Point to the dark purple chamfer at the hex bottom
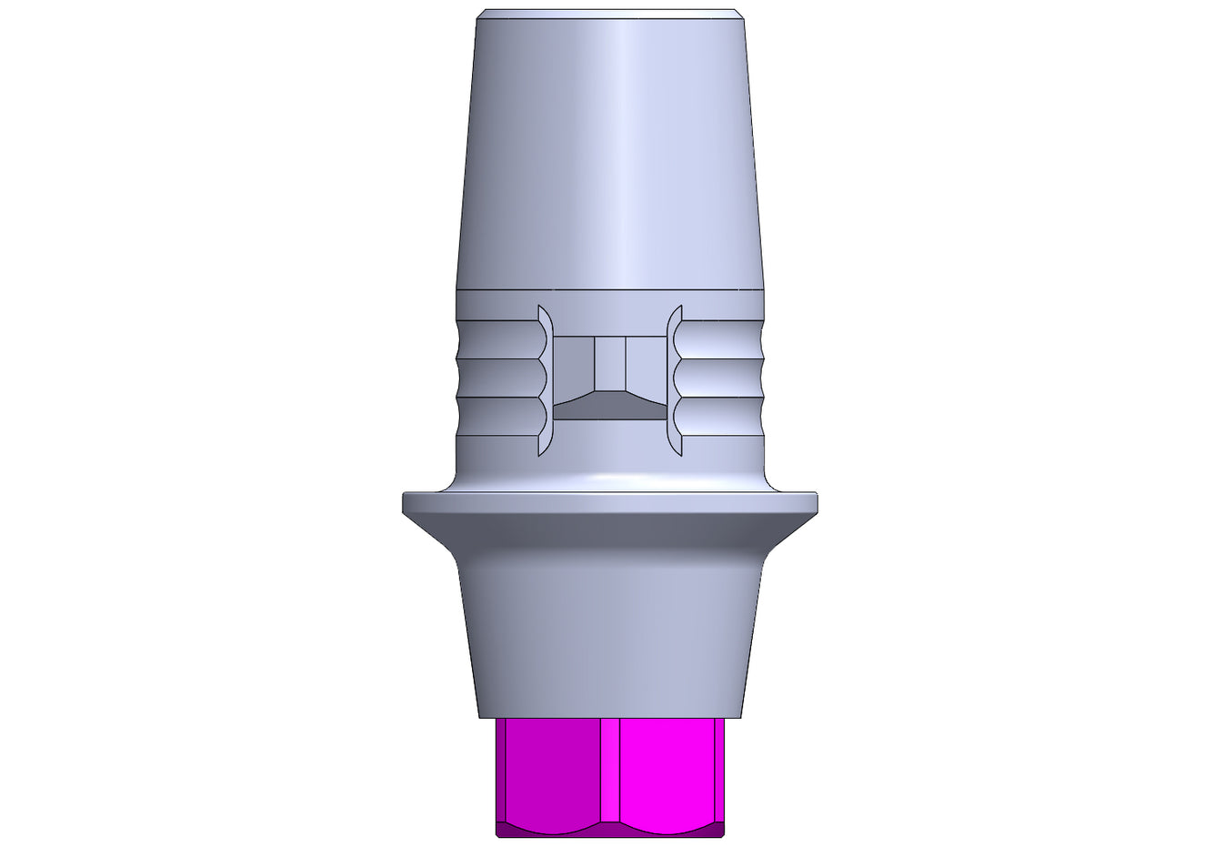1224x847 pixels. click(610, 829)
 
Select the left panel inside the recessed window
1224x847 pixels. click(573, 368)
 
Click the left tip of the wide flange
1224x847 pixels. click(406, 503)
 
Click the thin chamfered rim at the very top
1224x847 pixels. click(610, 14)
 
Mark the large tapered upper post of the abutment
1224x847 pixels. click(610, 155)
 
